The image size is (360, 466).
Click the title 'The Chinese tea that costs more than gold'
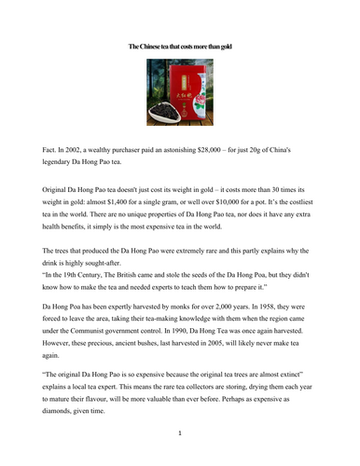[x=180, y=43]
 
